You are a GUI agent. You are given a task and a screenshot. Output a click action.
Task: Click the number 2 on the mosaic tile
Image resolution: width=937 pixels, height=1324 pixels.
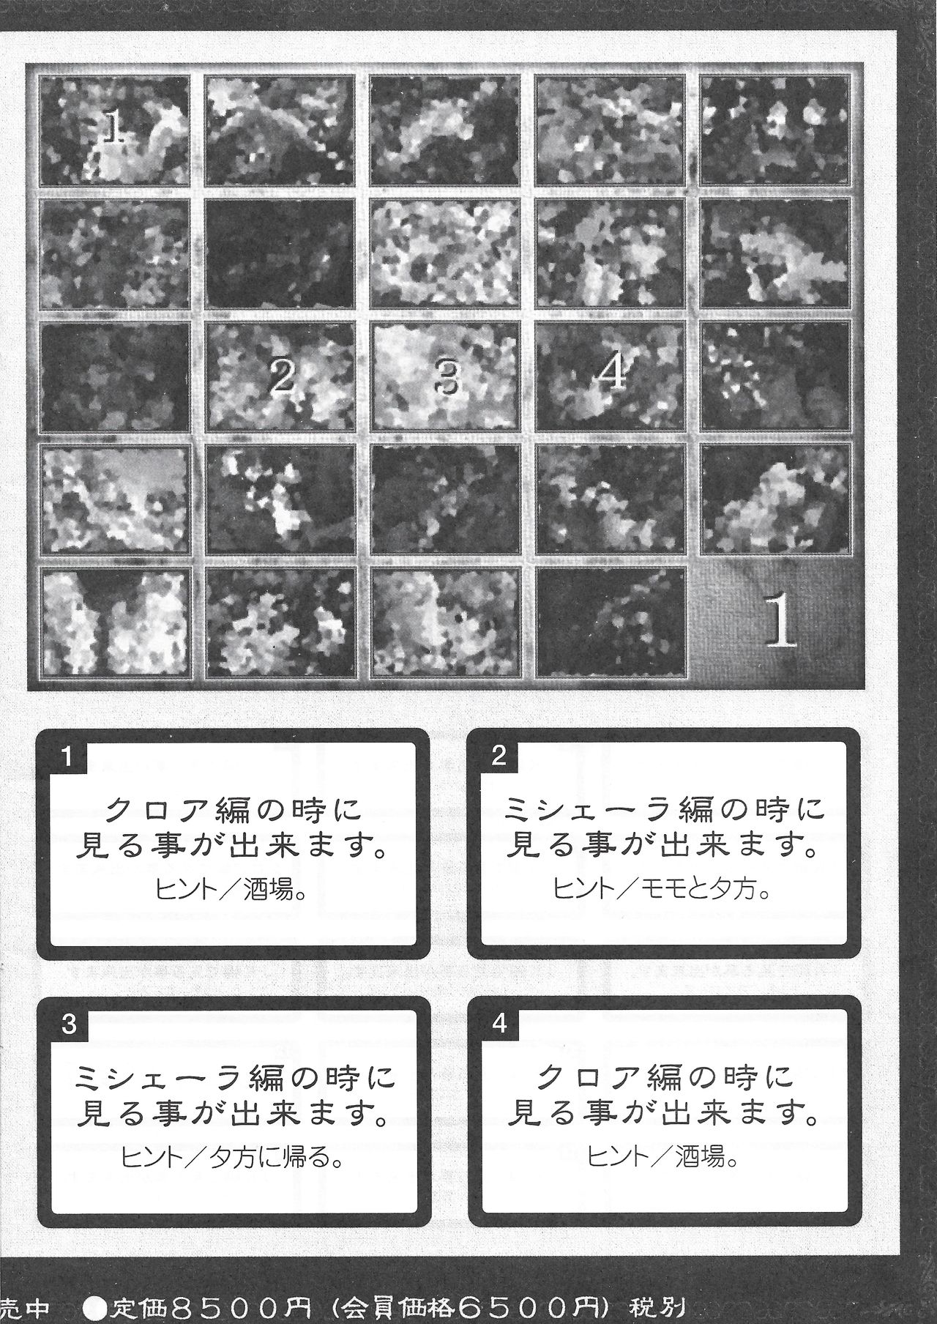[281, 377]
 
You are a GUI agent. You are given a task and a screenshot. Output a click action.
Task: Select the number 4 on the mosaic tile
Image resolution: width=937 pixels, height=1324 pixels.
[612, 373]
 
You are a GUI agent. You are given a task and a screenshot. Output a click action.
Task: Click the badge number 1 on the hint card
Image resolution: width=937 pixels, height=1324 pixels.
[67, 756]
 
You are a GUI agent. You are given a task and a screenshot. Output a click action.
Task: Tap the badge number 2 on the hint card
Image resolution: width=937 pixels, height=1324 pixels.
[499, 756]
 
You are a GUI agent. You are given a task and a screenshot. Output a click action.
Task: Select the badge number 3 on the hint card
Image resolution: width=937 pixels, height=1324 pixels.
[70, 1023]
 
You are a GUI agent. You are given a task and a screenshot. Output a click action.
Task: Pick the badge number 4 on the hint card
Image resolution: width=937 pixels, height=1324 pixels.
[500, 1023]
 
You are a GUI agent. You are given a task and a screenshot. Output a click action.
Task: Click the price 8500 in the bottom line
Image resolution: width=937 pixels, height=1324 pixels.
[209, 1308]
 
